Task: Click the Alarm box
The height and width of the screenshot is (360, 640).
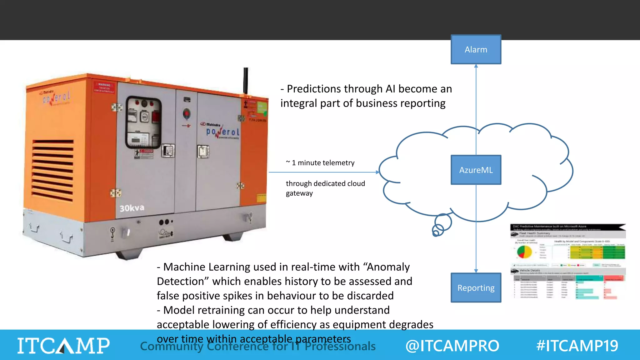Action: point(476,49)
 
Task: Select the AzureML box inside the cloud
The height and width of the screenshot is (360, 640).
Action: point(476,170)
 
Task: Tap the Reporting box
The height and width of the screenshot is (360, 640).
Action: point(476,287)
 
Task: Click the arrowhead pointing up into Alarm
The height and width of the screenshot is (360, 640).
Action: point(476,66)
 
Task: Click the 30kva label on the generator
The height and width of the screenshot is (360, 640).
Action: point(132,208)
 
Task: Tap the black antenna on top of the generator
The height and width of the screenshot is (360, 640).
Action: point(246,80)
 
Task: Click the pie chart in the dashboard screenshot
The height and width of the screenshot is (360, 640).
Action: point(524,252)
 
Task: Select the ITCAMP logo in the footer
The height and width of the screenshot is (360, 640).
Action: point(63,346)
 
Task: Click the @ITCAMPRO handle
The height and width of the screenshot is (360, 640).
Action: point(452,346)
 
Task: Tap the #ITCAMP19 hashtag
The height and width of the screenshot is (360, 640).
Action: point(577,346)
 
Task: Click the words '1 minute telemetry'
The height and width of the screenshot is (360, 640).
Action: point(323,163)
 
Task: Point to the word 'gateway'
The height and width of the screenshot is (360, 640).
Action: point(299,193)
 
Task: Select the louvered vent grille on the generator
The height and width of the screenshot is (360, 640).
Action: point(52,170)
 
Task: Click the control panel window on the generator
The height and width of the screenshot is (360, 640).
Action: point(143,122)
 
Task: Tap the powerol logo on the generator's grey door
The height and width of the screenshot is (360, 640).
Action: point(222,131)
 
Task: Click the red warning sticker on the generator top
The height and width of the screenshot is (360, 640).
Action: point(104,87)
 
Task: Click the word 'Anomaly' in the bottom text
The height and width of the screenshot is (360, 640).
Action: point(388,267)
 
